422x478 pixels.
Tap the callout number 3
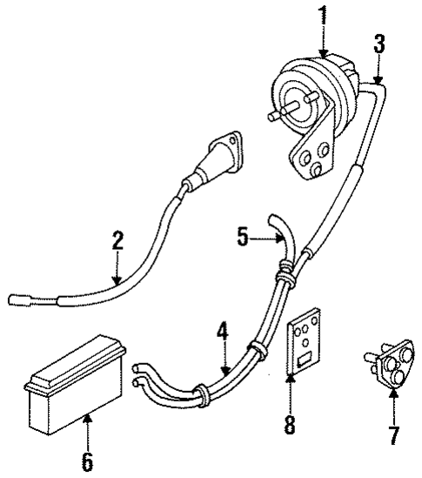pos(378,44)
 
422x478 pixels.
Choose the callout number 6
pos(86,457)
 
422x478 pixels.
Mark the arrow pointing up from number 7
pos(392,402)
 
